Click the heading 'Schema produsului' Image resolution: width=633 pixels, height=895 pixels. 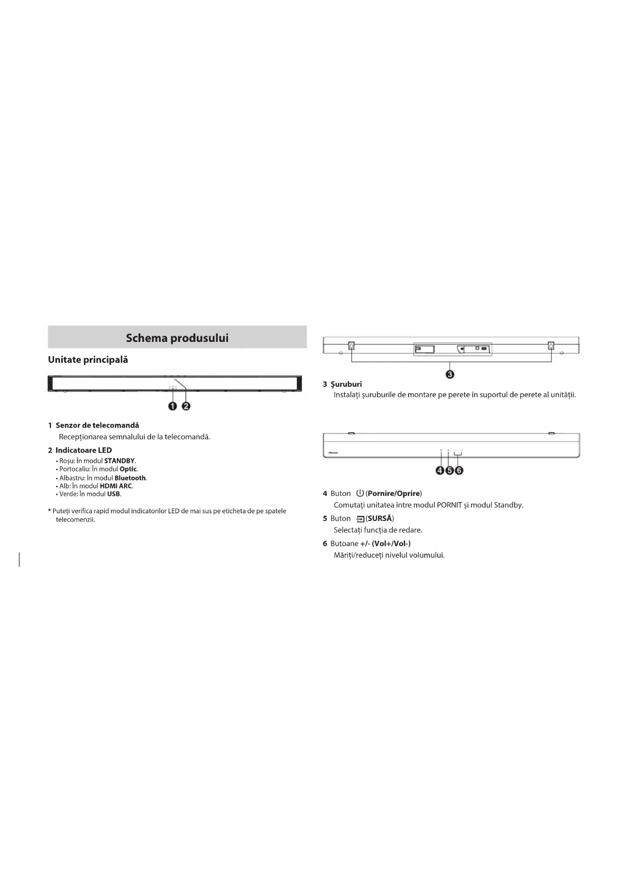177,338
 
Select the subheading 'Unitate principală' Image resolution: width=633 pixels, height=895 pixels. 88,360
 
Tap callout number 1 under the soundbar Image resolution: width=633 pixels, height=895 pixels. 172,406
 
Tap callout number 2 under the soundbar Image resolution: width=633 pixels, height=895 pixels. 186,406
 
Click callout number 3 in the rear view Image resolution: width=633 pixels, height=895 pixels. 450,375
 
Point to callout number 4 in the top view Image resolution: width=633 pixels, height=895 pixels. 440,470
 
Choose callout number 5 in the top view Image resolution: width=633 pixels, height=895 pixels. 449,470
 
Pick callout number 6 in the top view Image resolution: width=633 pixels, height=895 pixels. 459,470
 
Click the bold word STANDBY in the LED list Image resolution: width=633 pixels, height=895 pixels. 119,461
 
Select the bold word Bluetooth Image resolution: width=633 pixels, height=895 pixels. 130,478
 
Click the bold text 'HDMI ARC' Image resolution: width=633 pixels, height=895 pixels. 116,486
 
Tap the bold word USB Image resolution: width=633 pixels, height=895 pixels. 113,494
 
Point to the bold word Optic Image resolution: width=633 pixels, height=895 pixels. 128,469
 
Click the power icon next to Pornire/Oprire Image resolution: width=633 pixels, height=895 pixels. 360,493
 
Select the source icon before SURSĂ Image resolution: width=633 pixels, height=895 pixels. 361,519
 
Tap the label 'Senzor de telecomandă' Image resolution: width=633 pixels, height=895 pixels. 97,425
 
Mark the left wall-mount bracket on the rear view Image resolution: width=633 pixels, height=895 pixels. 351,346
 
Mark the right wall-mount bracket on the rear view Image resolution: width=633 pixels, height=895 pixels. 551,346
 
